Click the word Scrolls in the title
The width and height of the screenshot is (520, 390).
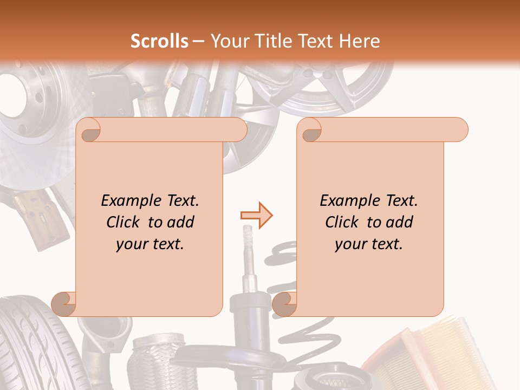point(159,41)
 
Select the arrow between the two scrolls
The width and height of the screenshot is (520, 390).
point(256,216)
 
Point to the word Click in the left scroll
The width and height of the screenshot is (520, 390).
point(125,222)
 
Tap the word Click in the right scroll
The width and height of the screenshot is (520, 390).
point(344,222)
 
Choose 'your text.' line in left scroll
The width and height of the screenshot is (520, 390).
point(150,244)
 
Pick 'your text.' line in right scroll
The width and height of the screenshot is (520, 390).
point(369,244)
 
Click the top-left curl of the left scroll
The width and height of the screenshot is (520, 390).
point(88,131)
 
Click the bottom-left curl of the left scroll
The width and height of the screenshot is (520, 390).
point(63,304)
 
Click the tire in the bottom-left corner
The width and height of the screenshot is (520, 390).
point(32,347)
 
